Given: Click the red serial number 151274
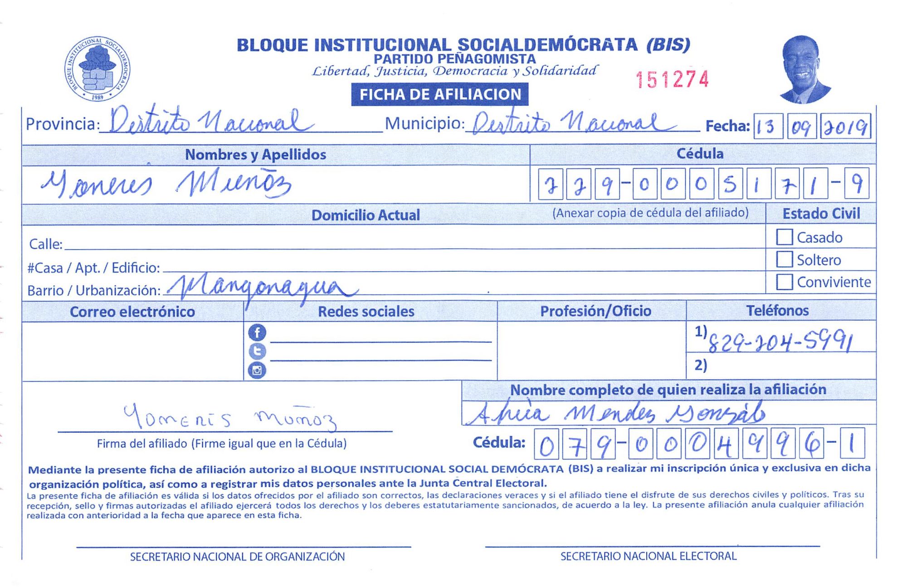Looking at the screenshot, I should [672, 79].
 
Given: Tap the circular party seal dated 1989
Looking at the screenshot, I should [97, 68].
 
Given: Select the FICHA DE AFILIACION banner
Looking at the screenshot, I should [439, 94].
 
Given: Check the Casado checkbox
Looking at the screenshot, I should [784, 237].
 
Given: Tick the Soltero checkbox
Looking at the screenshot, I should [784, 259].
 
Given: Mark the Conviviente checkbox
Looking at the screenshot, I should [784, 282].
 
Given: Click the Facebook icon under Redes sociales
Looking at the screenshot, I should [257, 333].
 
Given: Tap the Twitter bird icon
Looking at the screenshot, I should [257, 352].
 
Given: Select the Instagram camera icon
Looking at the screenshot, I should [257, 370].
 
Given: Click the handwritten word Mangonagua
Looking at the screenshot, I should [263, 288].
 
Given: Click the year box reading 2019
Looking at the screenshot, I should [846, 127].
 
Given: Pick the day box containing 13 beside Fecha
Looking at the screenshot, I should [768, 127].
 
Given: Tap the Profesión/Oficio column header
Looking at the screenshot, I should [595, 311].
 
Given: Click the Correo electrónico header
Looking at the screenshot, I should [132, 312].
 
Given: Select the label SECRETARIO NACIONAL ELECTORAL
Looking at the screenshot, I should [648, 556].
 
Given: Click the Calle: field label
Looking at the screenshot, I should [45, 244].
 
